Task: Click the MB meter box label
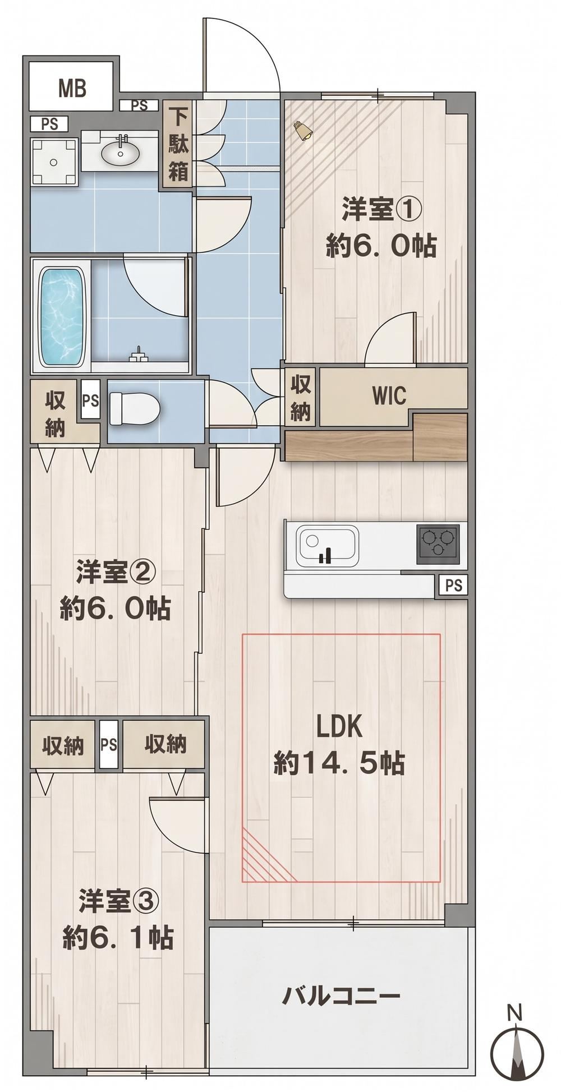click(72, 88)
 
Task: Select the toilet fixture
click(134, 408)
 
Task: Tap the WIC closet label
click(389, 395)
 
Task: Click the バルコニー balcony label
click(341, 995)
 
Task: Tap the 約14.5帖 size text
click(339, 763)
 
